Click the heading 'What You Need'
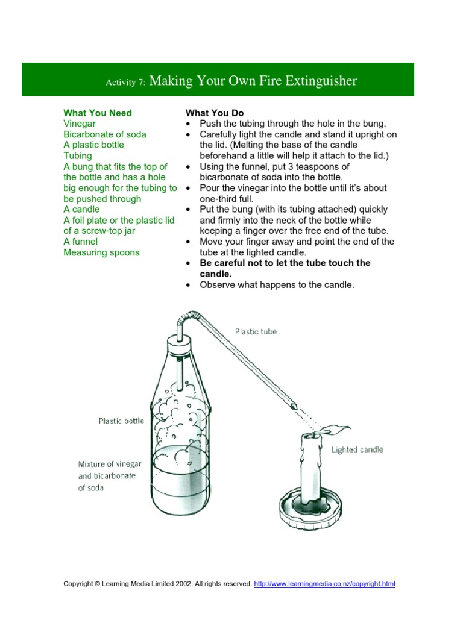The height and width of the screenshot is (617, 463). click(x=98, y=113)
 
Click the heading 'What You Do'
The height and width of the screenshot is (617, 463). click(x=215, y=113)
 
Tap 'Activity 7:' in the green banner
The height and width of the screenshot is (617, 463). click(x=125, y=83)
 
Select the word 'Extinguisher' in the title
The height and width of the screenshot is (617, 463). click(x=323, y=81)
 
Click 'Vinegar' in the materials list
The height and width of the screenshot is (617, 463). click(x=80, y=124)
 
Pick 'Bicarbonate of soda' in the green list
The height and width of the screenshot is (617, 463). click(x=105, y=134)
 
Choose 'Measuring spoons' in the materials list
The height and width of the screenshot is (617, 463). click(x=101, y=252)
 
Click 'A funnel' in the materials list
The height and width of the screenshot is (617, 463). click(x=81, y=242)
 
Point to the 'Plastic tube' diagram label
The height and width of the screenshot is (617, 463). click(x=256, y=331)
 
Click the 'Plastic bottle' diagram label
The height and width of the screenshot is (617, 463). click(x=121, y=421)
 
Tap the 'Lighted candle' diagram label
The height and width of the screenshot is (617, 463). click(x=357, y=449)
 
